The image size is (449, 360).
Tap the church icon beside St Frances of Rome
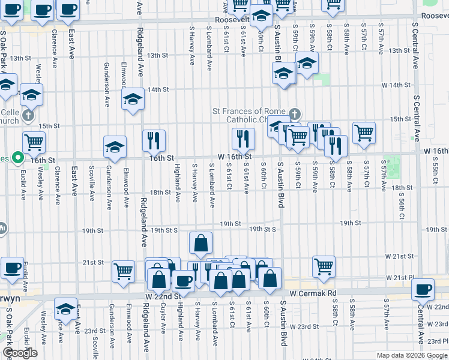[x=294, y=114]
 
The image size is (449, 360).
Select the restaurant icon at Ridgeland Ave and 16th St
[x=154, y=140]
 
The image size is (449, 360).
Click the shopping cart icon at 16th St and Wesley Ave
[x=34, y=142]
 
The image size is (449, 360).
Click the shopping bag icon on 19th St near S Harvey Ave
[x=200, y=243]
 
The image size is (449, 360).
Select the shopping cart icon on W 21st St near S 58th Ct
[x=324, y=265]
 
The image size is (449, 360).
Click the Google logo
[x=19, y=353]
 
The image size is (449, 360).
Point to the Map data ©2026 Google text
[x=412, y=355]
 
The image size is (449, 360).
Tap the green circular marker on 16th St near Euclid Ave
[x=19, y=158]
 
